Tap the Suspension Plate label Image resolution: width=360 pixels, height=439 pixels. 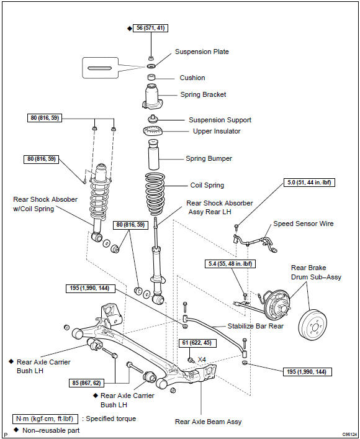pyautogui.click(x=202, y=52)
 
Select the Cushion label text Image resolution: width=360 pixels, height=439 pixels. pyautogui.click(x=192, y=78)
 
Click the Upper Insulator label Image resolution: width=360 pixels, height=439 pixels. pyautogui.click(x=217, y=132)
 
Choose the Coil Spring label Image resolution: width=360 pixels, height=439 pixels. pyautogui.click(x=207, y=185)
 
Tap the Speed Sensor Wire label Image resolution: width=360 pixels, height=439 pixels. pyautogui.click(x=304, y=224)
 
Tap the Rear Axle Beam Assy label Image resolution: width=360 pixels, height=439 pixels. pyautogui.click(x=208, y=422)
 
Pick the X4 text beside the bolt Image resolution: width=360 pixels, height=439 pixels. pyautogui.click(x=202, y=360)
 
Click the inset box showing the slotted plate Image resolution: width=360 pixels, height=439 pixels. pyautogui.click(x=100, y=68)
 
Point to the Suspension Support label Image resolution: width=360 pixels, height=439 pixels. pyautogui.click(x=220, y=120)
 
